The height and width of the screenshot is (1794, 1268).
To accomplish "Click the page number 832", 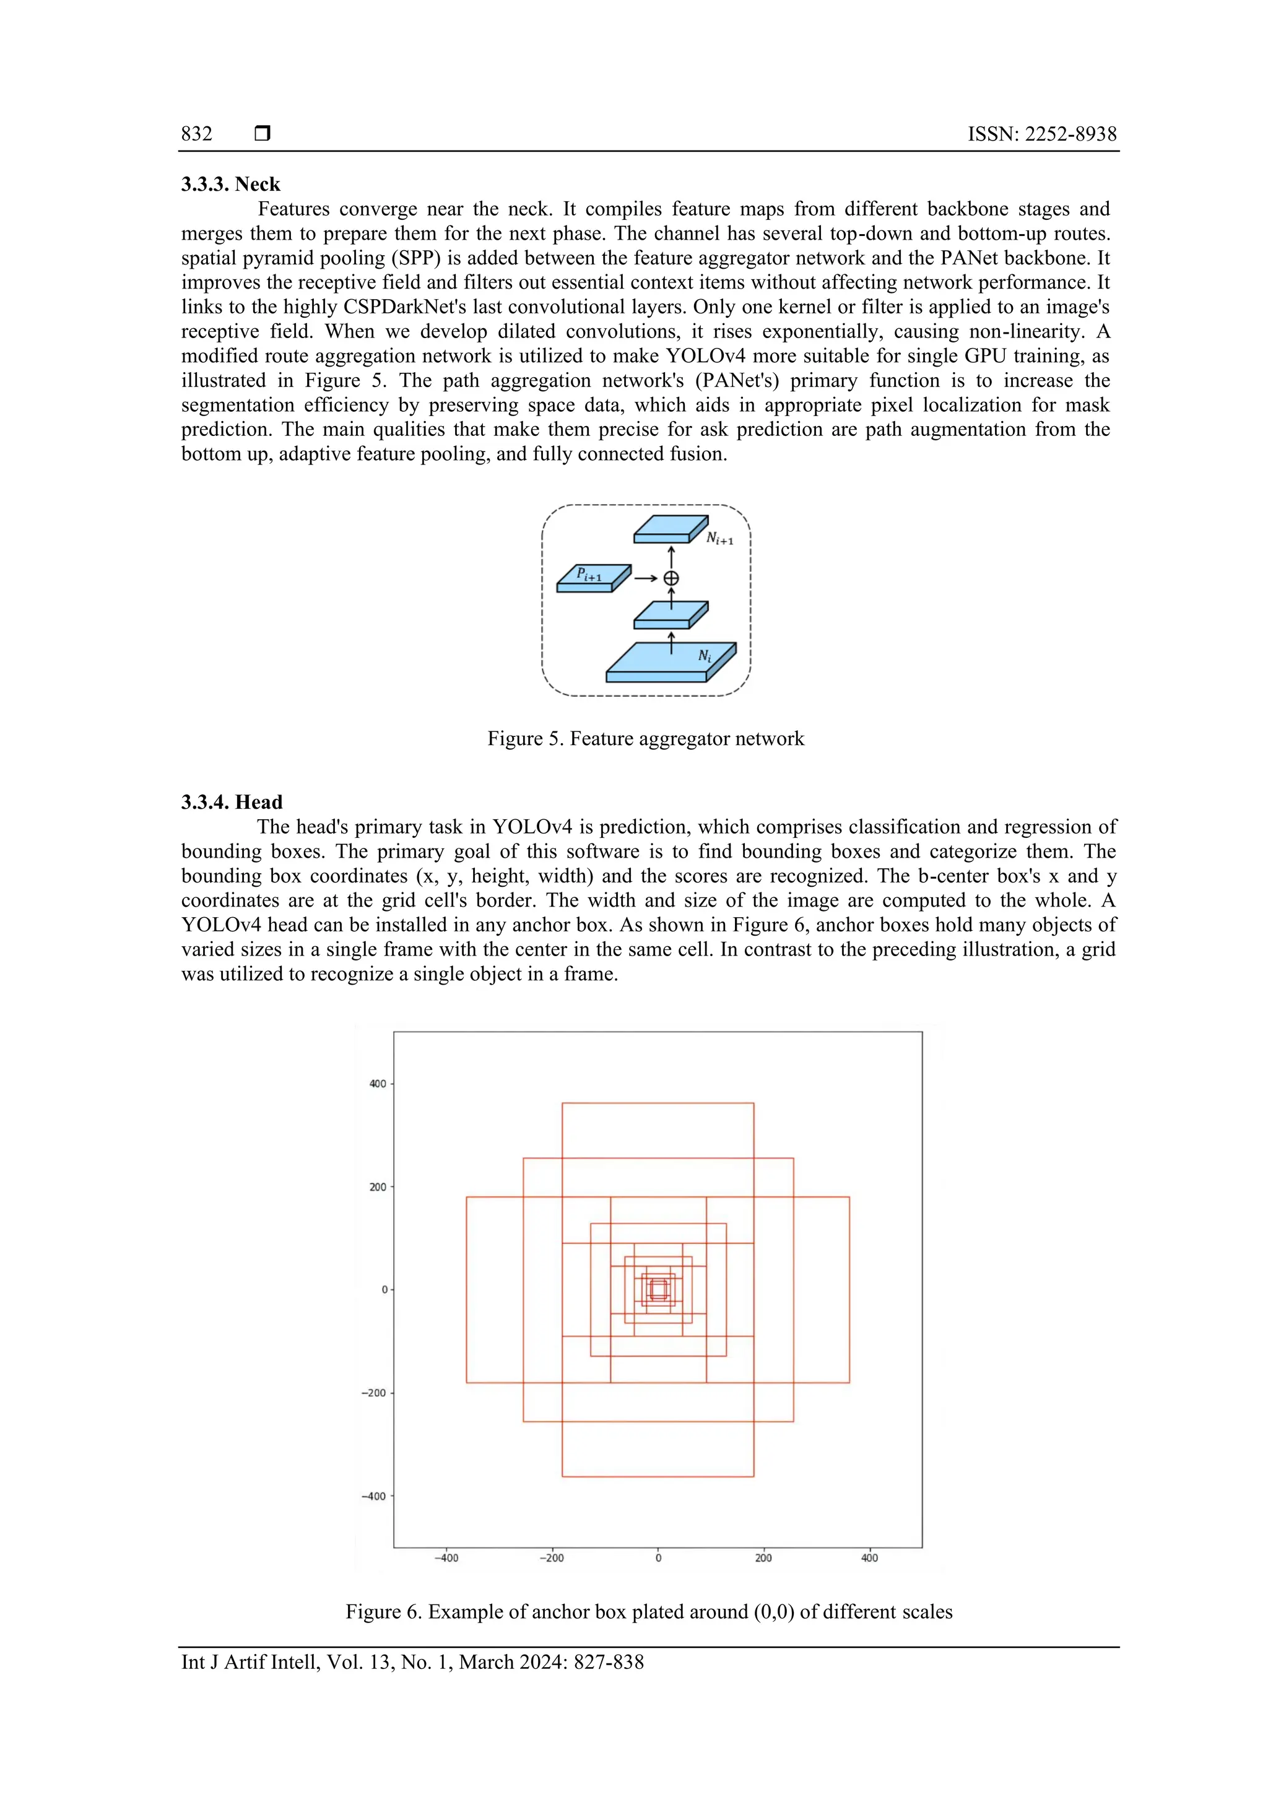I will coord(196,134).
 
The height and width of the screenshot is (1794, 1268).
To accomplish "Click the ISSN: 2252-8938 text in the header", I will coord(1041,134).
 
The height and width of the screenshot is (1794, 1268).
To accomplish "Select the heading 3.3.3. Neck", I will coord(230,185).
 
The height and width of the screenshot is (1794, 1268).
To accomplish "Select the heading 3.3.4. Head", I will coord(232,802).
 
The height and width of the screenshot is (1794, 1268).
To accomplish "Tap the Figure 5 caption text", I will coord(645,738).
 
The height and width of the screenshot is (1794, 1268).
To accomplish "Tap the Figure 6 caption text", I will coord(648,1611).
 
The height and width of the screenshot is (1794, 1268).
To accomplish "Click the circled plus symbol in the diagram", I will coord(671,578).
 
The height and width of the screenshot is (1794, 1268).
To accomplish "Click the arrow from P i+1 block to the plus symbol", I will coord(645,578).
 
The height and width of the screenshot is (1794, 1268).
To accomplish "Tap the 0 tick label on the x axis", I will coord(658,1557).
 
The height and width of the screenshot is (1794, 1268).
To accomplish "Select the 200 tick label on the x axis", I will coord(763,1557).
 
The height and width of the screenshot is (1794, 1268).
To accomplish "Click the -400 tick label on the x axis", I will coord(446,1557).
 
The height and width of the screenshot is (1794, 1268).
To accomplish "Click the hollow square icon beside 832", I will coord(263,134).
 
